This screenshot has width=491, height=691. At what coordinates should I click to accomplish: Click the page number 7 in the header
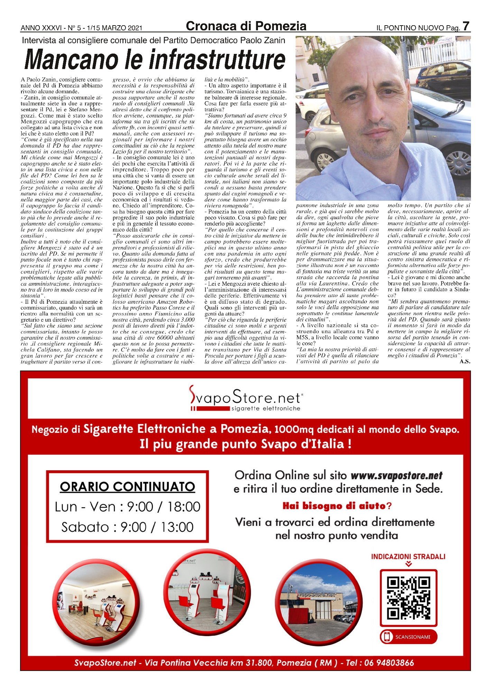(x=466, y=26)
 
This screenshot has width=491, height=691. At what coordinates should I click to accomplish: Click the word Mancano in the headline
(x=71, y=60)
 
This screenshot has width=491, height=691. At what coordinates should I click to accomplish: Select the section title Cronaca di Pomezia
(x=246, y=26)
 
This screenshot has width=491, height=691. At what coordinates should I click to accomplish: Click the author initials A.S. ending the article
(x=465, y=361)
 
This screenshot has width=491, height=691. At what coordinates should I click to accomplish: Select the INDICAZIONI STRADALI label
(x=408, y=557)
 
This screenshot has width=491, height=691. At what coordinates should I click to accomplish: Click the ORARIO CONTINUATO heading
(x=127, y=487)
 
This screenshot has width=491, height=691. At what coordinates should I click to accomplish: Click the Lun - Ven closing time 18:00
(x=184, y=507)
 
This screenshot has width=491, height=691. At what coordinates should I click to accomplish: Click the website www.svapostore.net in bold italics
(x=396, y=476)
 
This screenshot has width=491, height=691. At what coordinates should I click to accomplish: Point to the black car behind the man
(x=443, y=78)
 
